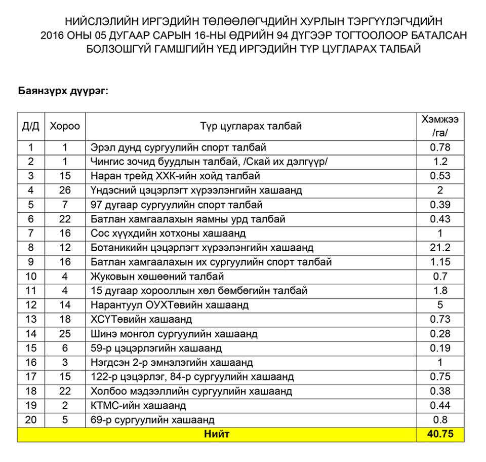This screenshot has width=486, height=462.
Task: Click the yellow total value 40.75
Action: [x=440, y=435]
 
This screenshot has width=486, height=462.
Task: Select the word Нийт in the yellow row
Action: [x=217, y=435]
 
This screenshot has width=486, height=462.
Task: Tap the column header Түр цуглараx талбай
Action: [x=251, y=126]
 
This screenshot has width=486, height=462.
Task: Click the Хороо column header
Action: [x=65, y=126]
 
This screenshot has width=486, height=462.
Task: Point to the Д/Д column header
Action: [x=30, y=126]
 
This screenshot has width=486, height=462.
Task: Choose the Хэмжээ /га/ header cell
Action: [x=440, y=126]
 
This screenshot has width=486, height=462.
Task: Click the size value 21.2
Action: [x=440, y=248]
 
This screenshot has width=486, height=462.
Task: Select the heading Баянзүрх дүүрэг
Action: [x=64, y=91]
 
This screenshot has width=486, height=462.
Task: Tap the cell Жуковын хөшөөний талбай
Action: [x=157, y=277]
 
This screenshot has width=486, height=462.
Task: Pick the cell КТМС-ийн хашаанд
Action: [x=138, y=406]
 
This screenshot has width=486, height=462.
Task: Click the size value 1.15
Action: [x=440, y=262]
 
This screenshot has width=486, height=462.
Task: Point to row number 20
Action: [x=30, y=420]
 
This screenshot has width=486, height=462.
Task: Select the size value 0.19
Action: [x=440, y=349]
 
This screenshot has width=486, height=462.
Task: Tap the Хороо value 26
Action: [x=65, y=190]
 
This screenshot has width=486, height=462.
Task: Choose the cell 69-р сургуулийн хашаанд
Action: [x=152, y=420]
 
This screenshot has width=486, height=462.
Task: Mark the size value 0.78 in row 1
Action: [x=440, y=147]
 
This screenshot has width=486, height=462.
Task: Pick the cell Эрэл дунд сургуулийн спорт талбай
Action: [x=178, y=147]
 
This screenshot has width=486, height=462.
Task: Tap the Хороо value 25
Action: [x=65, y=334]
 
